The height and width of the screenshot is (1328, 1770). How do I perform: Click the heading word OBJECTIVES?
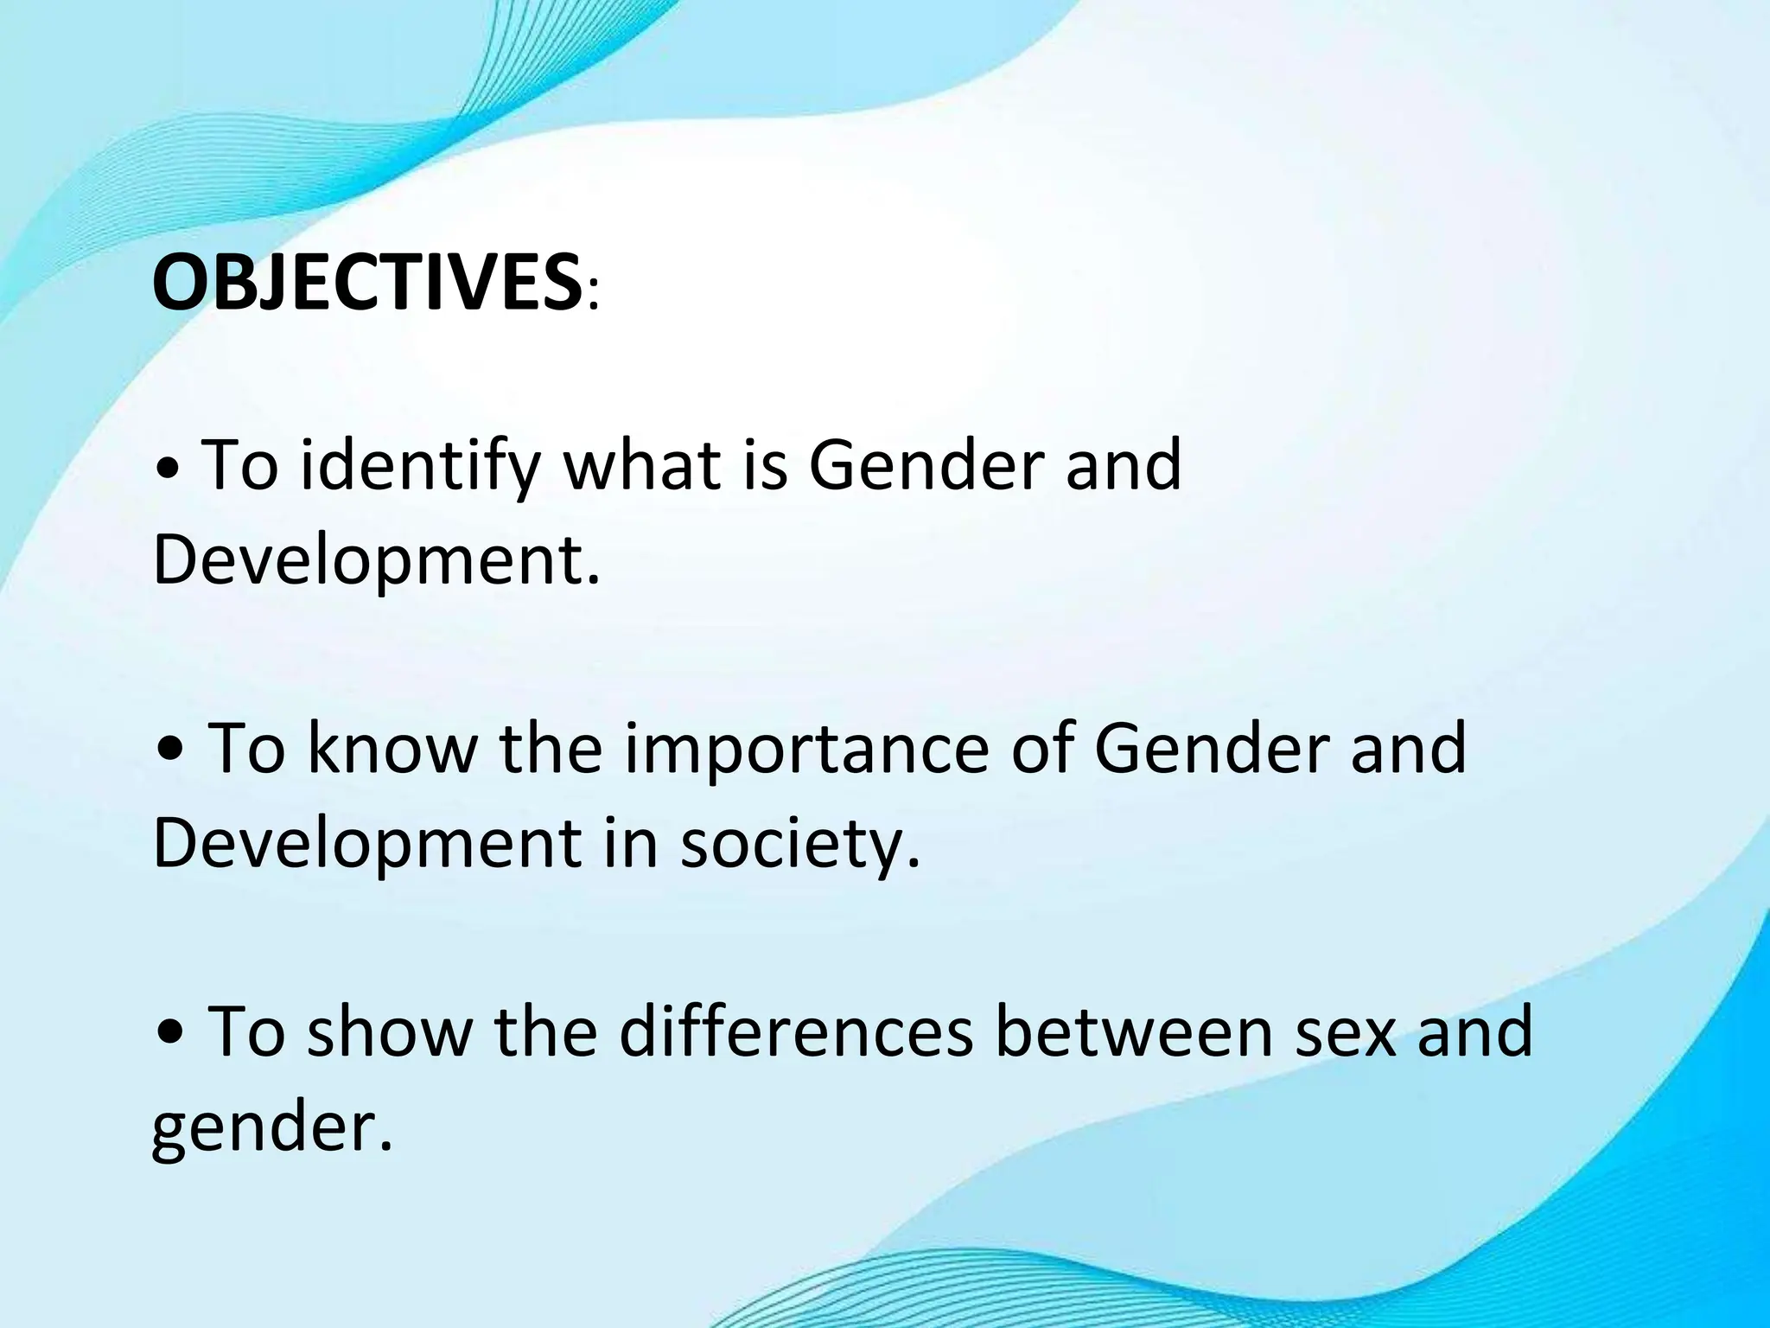tap(366, 283)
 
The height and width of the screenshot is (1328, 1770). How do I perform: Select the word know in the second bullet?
tap(392, 749)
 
